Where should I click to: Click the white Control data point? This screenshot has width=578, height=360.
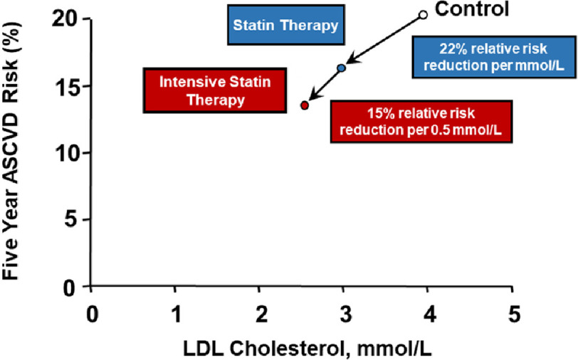click(423, 14)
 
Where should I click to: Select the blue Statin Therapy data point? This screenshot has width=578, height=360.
click(342, 68)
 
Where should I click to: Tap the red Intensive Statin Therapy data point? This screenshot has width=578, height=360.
click(305, 105)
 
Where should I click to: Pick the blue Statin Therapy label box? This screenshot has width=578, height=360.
click(285, 26)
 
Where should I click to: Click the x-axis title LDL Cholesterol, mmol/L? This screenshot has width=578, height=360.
click(302, 348)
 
